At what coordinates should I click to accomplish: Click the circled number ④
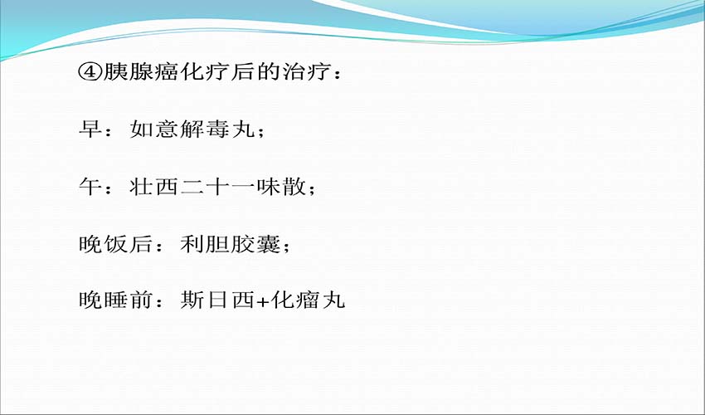point(90,72)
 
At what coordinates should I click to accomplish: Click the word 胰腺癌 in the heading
point(141,72)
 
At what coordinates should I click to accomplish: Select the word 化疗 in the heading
point(205,72)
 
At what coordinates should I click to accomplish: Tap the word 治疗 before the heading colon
point(307,72)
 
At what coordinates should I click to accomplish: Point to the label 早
point(90,129)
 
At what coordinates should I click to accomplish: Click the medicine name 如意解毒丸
point(192,129)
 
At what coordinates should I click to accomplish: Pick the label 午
point(90,187)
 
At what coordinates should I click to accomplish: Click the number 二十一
point(217,187)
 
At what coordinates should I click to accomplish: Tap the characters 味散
point(281,187)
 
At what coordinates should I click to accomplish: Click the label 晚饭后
point(115,243)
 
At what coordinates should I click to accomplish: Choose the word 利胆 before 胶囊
point(205,243)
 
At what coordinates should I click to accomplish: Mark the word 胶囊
point(255,243)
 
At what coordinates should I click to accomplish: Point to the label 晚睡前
point(115,300)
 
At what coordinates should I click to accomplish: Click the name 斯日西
point(217,300)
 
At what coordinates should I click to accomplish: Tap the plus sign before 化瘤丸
point(263,301)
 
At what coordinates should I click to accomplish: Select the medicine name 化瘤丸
point(308,300)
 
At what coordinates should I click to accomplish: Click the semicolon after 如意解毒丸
point(260,132)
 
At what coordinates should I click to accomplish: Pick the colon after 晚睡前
point(158,301)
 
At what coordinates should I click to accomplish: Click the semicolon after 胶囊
point(286,247)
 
